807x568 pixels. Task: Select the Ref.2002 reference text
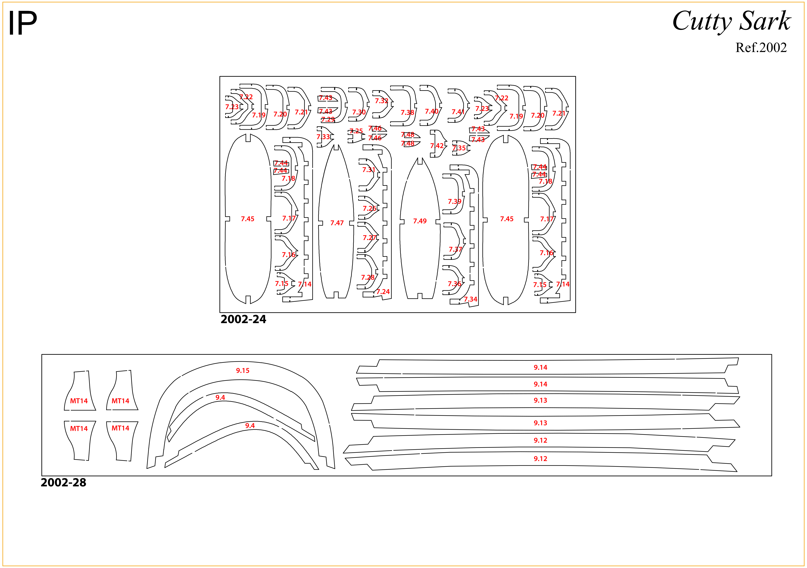761,47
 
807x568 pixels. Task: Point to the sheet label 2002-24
243,319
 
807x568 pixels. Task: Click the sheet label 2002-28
63,482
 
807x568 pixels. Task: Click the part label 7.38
407,113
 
